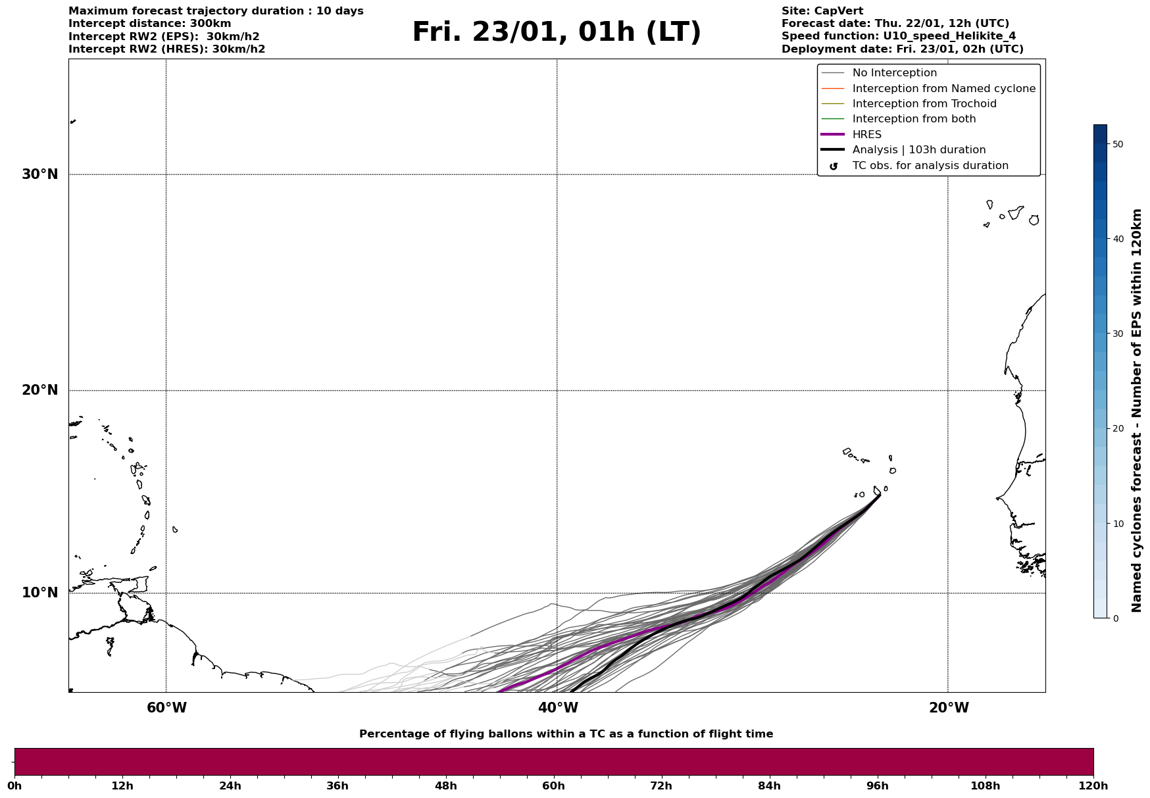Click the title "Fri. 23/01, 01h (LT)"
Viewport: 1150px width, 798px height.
click(557, 32)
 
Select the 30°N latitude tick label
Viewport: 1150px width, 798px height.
click(40, 174)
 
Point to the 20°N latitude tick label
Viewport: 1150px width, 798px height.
click(40, 390)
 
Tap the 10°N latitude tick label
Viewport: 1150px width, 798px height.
click(40, 593)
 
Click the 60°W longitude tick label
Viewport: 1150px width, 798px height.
click(166, 708)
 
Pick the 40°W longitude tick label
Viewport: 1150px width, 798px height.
click(558, 708)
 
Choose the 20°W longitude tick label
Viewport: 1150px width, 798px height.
click(949, 708)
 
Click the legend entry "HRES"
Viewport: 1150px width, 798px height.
click(866, 135)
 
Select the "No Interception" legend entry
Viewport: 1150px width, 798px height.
click(894, 73)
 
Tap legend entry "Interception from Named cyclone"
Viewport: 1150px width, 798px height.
click(943, 89)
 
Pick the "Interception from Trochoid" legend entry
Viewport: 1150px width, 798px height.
click(924, 104)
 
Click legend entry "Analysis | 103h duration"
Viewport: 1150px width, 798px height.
click(918, 150)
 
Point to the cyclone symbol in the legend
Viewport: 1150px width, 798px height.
click(834, 166)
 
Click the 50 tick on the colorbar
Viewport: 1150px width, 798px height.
click(1118, 144)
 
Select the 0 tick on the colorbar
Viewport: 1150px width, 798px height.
click(1115, 618)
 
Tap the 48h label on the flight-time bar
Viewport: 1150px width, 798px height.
click(445, 786)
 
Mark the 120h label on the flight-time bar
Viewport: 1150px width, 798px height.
click(1093, 786)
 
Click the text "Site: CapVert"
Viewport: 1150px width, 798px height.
click(822, 11)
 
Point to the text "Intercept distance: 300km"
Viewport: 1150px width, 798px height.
click(149, 24)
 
